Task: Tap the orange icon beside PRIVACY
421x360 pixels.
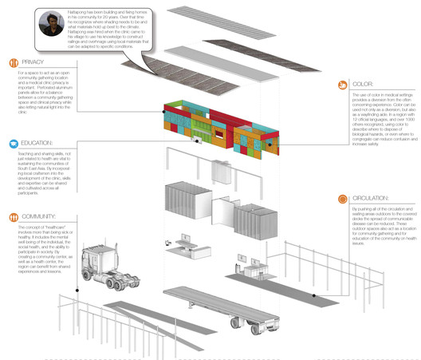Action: tap(14, 62)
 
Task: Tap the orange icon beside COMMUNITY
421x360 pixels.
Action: tap(14, 216)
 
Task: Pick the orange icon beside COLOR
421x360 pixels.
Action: tap(343, 84)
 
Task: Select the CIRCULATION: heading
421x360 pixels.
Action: tap(371, 197)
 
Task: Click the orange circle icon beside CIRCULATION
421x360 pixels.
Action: tap(343, 198)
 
